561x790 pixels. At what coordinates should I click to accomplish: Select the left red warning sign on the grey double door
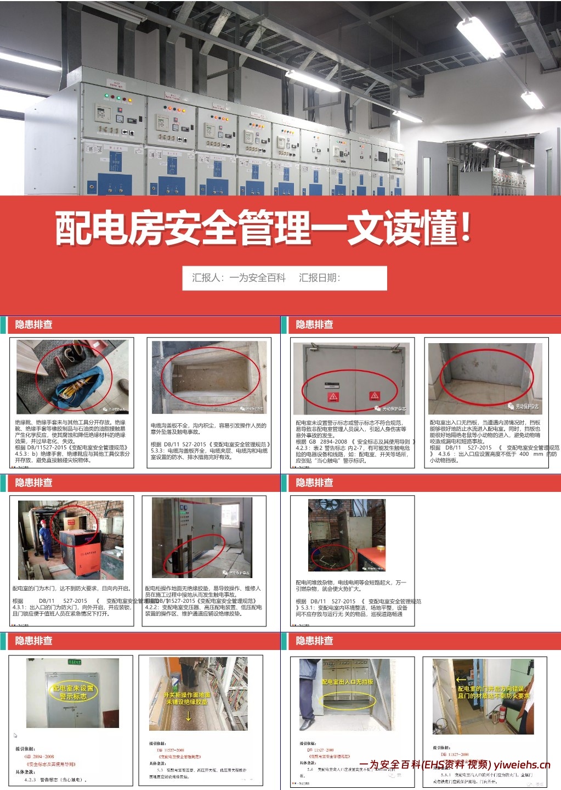pos(333,396)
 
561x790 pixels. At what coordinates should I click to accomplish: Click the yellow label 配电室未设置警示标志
pos(73,692)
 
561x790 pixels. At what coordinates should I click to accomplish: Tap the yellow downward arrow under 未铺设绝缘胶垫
pos(188,716)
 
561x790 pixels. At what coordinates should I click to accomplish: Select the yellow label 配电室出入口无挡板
pos(347,682)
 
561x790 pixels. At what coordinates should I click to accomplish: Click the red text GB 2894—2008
pos(39,756)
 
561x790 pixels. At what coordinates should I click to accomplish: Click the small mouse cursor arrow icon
pos(15,735)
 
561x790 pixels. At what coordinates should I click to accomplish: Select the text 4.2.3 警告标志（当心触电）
pos(55,779)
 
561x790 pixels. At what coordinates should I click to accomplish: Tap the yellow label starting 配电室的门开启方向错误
pos(494,692)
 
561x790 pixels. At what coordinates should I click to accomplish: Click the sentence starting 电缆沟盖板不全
pos(208,428)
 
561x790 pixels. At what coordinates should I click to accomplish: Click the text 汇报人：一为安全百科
pos(239,278)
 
